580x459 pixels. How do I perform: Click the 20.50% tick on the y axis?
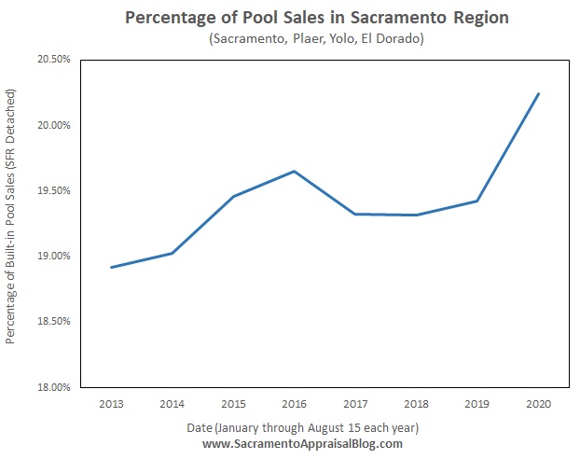pos(55,60)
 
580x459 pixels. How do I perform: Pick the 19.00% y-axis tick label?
pos(55,256)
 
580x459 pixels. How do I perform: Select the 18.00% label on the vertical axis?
pos(55,386)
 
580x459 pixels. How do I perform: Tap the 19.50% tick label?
pos(55,190)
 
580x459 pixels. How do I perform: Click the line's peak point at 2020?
pos(539,93)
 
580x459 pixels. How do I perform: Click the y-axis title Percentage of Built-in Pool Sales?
pos(12,216)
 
